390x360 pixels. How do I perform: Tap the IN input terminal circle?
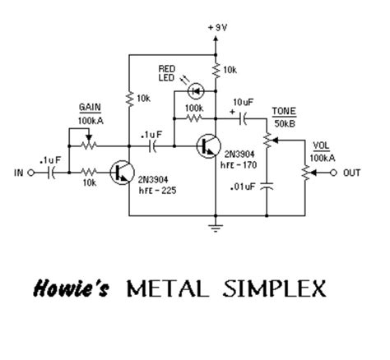point(32,173)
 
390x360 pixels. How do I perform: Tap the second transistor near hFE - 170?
point(208,145)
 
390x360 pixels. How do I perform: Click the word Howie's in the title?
point(70,289)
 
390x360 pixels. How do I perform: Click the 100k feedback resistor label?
point(195,108)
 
